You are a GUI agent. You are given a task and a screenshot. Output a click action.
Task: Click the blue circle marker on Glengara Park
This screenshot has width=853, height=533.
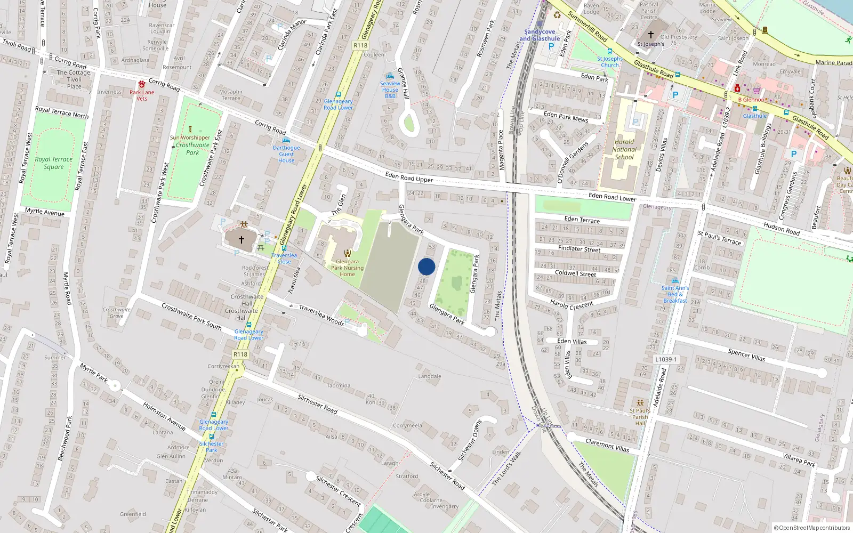point(426,266)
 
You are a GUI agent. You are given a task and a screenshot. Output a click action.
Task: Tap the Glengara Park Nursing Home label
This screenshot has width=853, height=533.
point(347,268)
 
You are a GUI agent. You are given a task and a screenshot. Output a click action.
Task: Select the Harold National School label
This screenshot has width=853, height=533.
point(624,150)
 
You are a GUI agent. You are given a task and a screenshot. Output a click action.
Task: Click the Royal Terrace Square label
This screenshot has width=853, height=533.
point(53,163)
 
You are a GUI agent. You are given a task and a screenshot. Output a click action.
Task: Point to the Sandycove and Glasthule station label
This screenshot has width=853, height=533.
point(540,35)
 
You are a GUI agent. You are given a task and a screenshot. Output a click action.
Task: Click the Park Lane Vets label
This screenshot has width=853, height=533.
point(142,95)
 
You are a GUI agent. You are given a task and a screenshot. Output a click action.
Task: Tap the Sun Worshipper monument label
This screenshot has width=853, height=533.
point(190,138)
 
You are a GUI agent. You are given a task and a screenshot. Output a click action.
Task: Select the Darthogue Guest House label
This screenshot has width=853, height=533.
point(286,154)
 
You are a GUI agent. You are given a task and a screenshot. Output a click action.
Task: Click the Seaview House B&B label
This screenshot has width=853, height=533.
point(390,90)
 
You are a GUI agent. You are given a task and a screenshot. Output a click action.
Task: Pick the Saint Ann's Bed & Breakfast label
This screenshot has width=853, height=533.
point(675,294)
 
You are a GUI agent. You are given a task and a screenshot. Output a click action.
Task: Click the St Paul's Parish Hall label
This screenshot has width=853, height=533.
point(640,417)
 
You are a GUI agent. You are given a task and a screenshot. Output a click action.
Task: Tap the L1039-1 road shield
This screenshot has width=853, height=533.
point(666,359)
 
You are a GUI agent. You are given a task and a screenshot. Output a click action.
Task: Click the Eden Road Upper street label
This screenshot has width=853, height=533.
point(409,177)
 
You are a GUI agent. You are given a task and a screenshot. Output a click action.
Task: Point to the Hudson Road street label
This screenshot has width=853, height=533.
point(782,228)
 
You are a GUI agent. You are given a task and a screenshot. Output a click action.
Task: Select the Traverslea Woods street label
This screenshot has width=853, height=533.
point(321,315)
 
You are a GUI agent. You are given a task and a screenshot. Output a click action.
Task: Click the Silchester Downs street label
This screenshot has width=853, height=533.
point(470,441)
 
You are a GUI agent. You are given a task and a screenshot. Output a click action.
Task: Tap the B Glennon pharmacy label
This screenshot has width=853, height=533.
point(751,100)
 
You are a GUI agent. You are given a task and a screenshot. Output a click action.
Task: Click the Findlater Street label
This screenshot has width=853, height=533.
point(579,249)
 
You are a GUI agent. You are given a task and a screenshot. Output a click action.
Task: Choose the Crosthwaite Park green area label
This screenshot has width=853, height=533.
point(192,149)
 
